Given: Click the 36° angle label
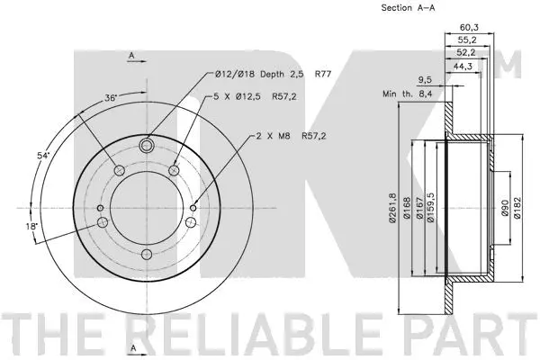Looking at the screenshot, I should (x=112, y=98).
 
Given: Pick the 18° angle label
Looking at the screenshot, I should (x=32, y=227).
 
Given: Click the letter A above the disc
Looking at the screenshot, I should (x=131, y=57).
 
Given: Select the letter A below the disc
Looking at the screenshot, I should (x=131, y=347).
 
